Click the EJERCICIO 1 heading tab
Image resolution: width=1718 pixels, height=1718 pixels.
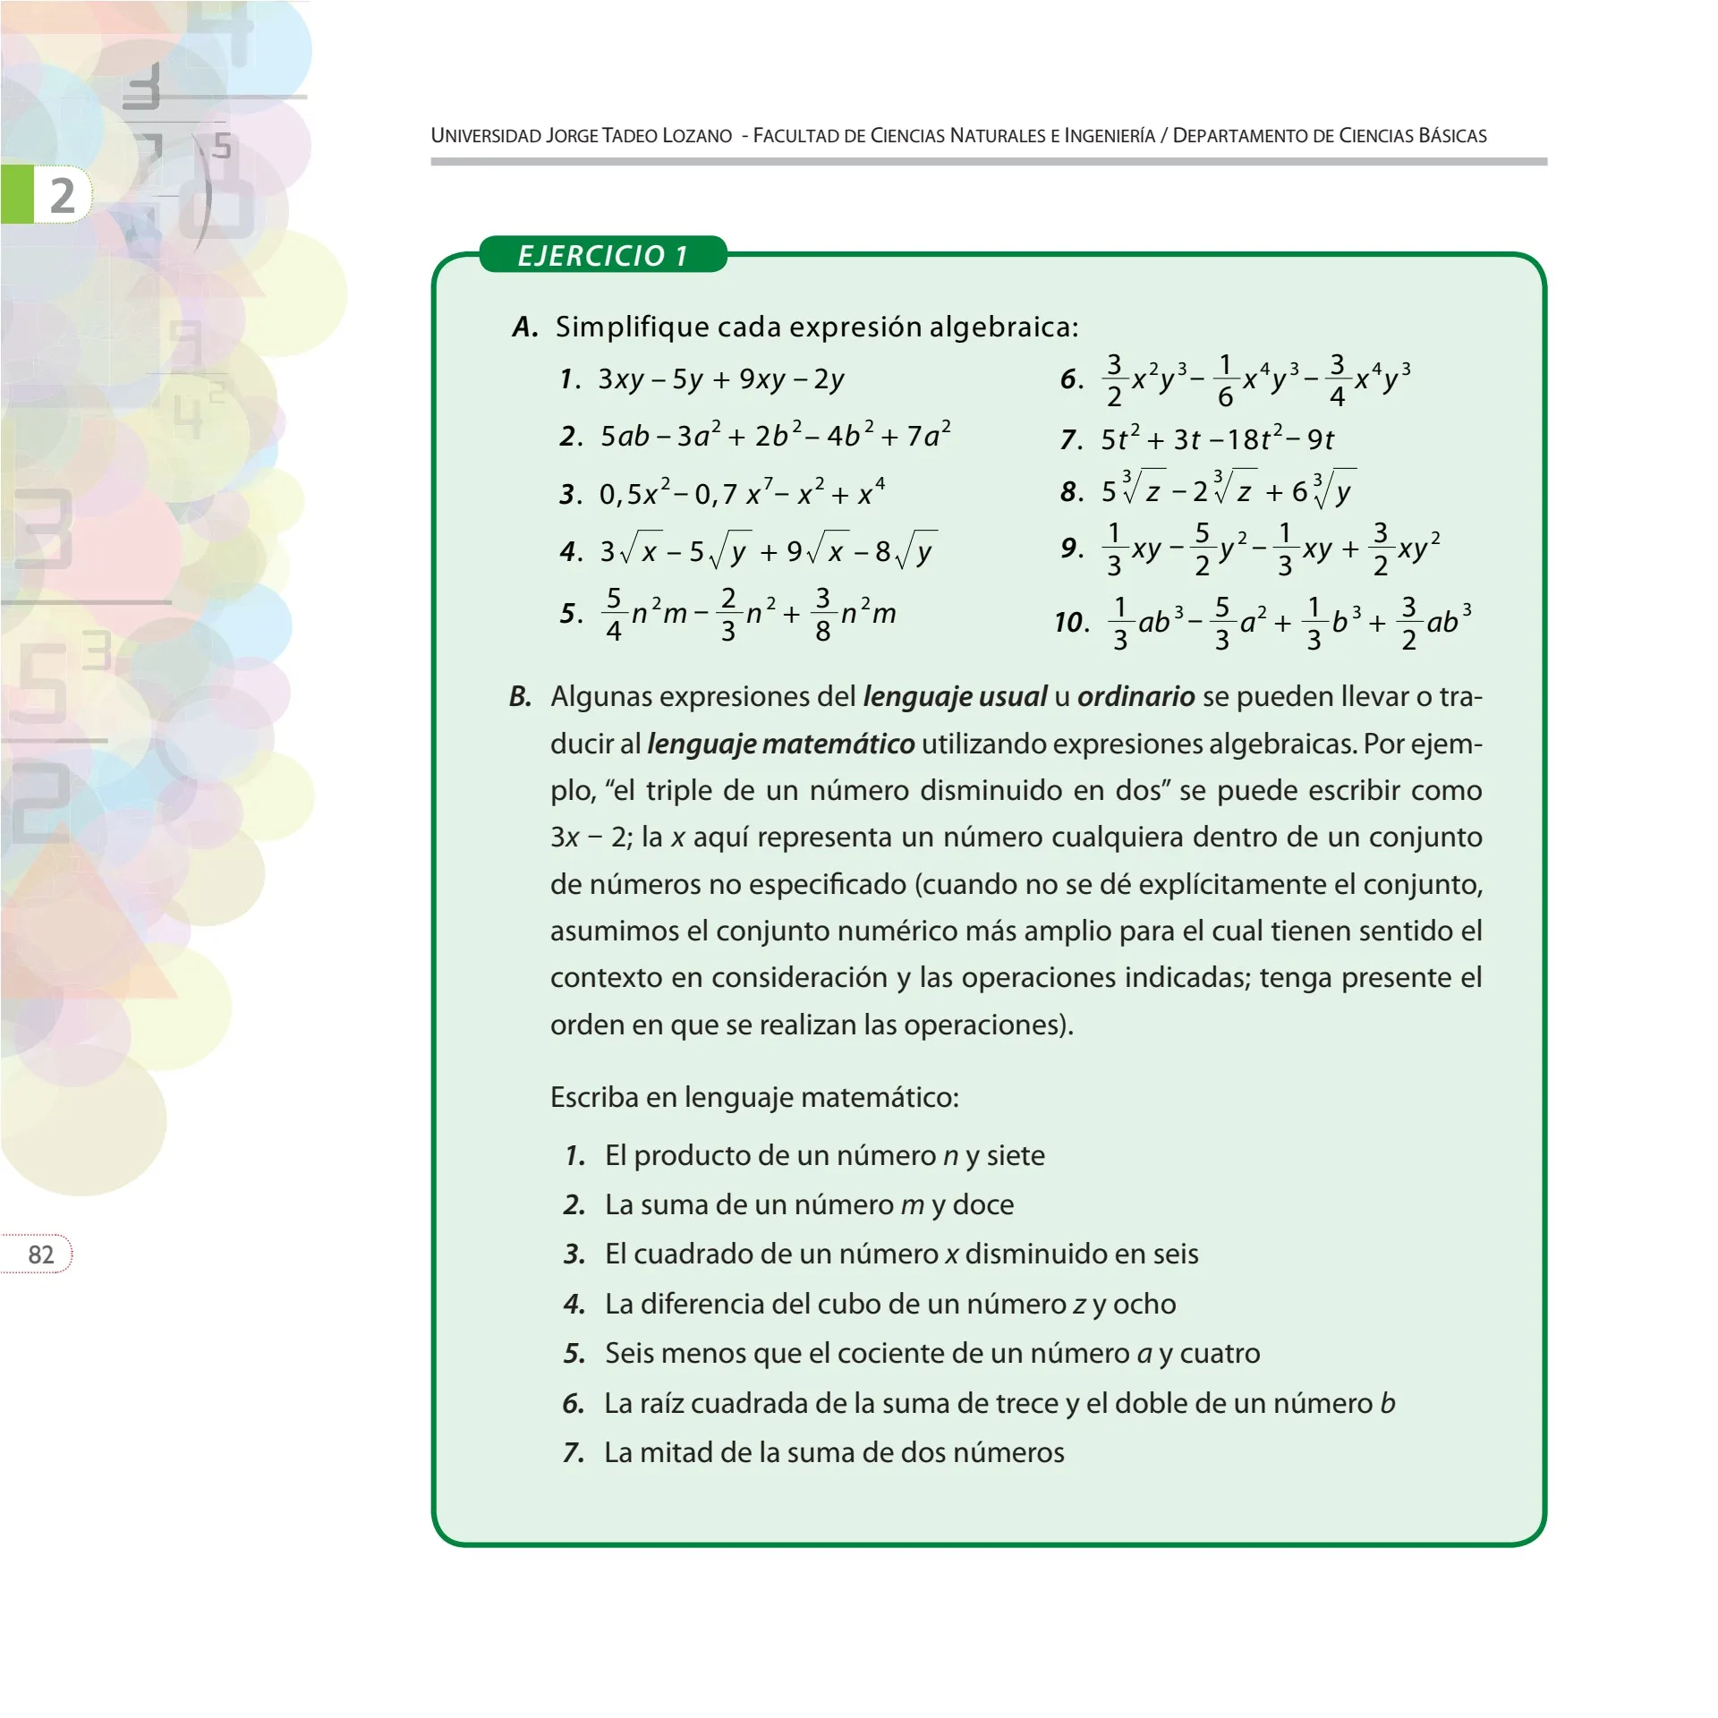pos(602,256)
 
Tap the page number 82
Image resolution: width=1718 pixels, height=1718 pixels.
pos(41,1254)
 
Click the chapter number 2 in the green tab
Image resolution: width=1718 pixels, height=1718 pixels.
pos(61,195)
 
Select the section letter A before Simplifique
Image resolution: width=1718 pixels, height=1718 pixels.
pos(525,327)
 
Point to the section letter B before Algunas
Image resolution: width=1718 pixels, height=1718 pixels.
pos(520,696)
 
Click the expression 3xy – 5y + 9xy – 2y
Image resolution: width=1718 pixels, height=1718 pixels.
pos(721,379)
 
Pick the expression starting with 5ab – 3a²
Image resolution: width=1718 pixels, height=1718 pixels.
pos(775,436)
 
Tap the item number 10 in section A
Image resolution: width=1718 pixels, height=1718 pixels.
pos(1071,622)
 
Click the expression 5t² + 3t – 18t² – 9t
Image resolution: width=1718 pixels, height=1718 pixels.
pos(1217,439)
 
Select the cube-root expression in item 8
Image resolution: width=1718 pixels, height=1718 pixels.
pos(1228,490)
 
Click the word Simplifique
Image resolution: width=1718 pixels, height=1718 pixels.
pos(630,327)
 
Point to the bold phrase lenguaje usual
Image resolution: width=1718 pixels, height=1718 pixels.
pos(954,696)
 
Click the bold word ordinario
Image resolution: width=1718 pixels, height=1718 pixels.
pos(1135,696)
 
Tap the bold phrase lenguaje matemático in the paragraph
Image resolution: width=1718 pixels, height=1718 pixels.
pos(780,744)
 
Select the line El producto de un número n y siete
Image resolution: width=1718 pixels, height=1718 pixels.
pos(824,1155)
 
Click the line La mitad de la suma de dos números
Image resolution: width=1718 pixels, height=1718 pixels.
pos(834,1452)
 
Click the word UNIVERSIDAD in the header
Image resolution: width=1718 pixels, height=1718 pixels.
pos(486,136)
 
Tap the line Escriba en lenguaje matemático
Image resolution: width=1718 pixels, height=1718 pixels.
pos(754,1097)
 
